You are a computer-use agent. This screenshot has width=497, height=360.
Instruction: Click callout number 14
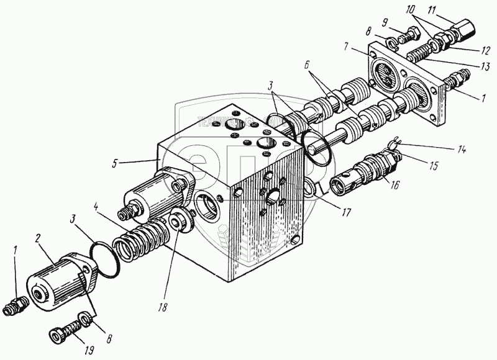point(461,150)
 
